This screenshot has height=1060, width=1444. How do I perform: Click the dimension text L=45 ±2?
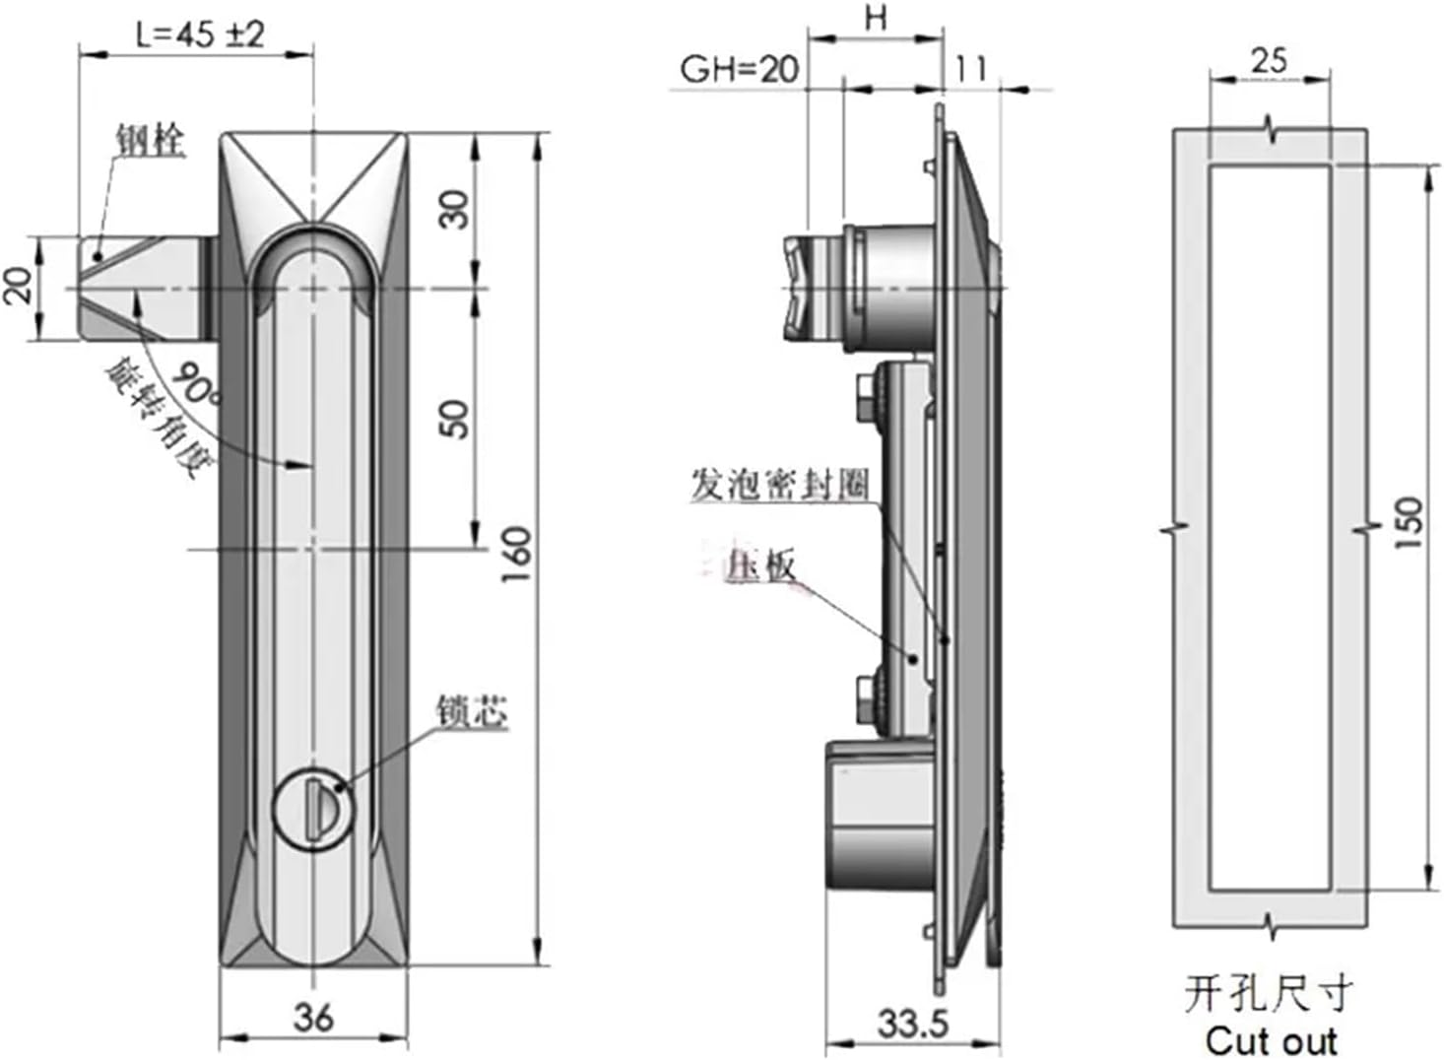pyautogui.click(x=200, y=34)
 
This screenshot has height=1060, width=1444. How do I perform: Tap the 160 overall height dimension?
pyautogui.click(x=516, y=554)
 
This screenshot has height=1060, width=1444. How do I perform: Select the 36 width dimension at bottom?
pyautogui.click(x=312, y=1017)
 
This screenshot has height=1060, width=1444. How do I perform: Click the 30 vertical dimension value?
pyautogui.click(x=454, y=209)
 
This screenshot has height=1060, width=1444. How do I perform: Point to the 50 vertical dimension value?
pyautogui.click(x=454, y=419)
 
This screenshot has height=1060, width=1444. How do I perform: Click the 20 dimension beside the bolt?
pyautogui.click(x=19, y=288)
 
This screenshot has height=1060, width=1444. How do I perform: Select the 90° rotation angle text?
pyautogui.click(x=196, y=385)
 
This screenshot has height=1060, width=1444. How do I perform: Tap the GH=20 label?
pyautogui.click(x=739, y=70)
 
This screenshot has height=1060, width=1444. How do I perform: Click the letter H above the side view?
pyautogui.click(x=875, y=19)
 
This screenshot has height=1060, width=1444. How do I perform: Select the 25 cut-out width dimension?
pyautogui.click(x=1269, y=61)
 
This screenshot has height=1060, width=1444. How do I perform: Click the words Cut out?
pyautogui.click(x=1270, y=1040)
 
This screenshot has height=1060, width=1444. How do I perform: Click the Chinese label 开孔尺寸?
pyautogui.click(x=1269, y=994)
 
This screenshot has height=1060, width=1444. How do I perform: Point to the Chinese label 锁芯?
pyautogui.click(x=472, y=712)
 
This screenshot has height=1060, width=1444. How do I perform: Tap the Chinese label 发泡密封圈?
pyautogui.click(x=779, y=485)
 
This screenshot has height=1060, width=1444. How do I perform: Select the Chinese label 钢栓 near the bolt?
pyautogui.click(x=150, y=139)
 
